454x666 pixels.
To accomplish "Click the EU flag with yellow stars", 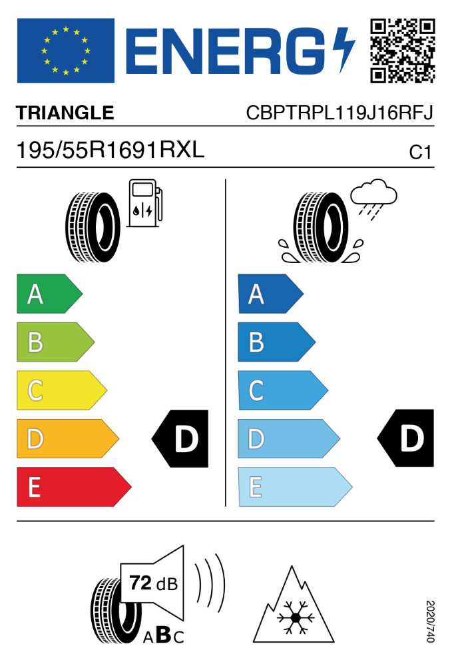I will tap(65, 51).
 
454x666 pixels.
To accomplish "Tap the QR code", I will tap(402, 51).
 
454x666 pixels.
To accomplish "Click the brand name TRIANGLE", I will tap(65, 113).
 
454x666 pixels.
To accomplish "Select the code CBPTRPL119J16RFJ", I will tap(340, 113).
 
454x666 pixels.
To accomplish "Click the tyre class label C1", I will tap(421, 153).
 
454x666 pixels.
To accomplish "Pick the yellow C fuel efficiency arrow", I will tap(61, 390).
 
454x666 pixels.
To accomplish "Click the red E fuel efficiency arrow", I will tap(73, 487).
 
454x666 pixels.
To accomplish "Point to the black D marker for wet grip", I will tap(407, 439).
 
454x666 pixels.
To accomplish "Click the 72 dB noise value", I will tap(152, 585).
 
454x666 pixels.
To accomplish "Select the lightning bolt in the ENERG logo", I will tap(345, 51).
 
